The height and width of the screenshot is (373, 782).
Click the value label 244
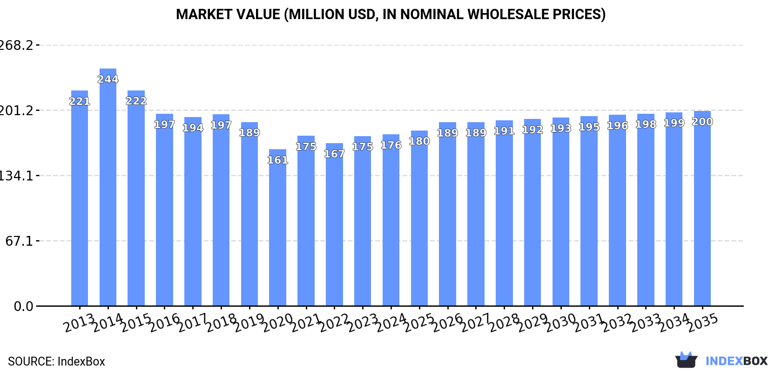[x=108, y=79]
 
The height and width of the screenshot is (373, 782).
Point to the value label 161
[x=277, y=160]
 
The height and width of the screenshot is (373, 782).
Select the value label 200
[x=702, y=122]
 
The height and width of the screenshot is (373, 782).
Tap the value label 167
[x=334, y=154]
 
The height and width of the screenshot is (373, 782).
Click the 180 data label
[x=419, y=141]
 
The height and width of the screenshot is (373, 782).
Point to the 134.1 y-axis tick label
[x=16, y=176]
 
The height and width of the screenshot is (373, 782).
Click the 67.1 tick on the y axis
[x=19, y=241]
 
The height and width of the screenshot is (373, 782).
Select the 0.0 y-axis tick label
[x=23, y=306]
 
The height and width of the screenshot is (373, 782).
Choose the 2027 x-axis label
[x=476, y=323]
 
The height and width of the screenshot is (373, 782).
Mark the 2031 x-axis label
[x=589, y=323]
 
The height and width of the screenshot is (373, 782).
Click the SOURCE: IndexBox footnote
[x=56, y=361]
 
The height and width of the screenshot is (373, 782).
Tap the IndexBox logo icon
[x=686, y=360]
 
